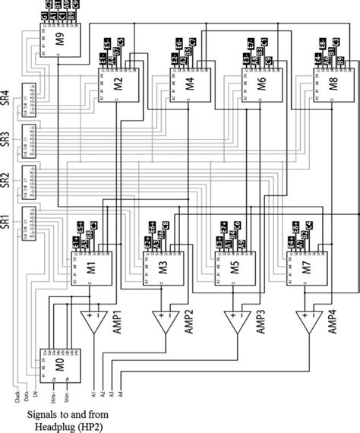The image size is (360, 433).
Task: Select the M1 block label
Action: click(90, 268)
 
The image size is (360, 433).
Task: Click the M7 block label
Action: click(305, 268)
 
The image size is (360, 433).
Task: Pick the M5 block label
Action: click(233, 268)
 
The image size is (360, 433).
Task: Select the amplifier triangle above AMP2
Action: click(163, 322)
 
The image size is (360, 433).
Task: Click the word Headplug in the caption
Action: click(55, 426)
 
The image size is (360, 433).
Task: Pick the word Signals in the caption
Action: click(41, 414)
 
